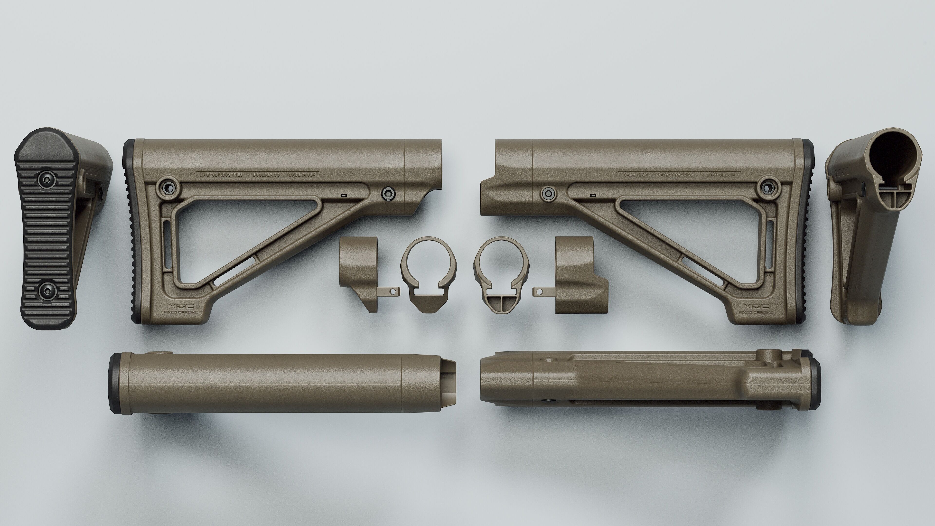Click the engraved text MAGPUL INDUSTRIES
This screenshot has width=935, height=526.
point(221,175)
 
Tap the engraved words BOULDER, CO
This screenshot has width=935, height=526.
point(266,175)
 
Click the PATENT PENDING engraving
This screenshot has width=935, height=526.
point(675,175)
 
